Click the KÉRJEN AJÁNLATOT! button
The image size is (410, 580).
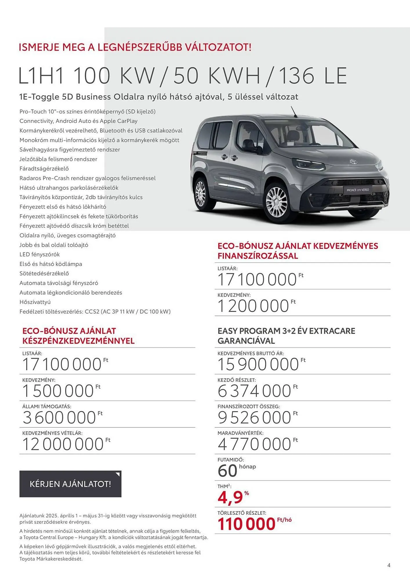click(70, 484)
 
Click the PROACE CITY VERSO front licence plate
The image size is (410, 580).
click(358, 190)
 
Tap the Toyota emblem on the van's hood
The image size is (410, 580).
click(353, 162)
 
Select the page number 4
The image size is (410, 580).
click(389, 565)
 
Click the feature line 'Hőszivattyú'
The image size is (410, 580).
click(35, 302)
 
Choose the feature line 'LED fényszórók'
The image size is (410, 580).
click(39, 254)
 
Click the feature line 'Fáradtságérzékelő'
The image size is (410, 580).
click(44, 168)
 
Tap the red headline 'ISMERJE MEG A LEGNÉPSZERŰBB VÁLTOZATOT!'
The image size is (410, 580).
click(135, 47)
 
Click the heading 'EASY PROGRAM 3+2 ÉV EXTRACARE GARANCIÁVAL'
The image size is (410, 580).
click(286, 336)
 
